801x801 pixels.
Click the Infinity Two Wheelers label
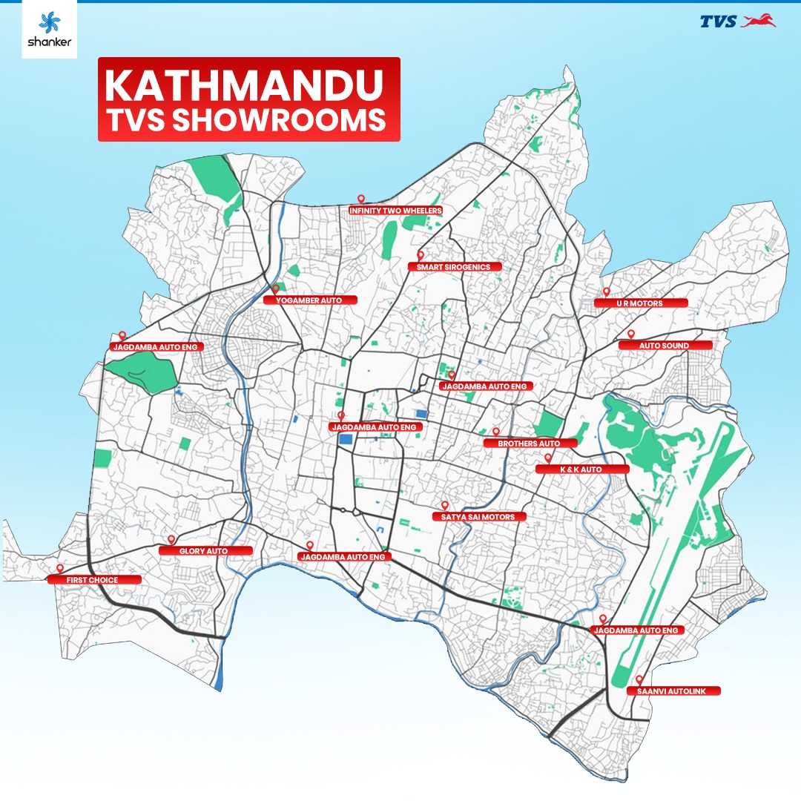pyautogui.click(x=396, y=211)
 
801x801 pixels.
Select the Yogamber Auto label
pyautogui.click(x=311, y=300)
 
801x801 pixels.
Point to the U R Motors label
pyautogui.click(x=640, y=303)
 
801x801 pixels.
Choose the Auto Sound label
pyautogui.click(x=665, y=346)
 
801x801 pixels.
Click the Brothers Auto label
pyautogui.click(x=530, y=444)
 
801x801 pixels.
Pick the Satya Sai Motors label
pyautogui.click(x=479, y=517)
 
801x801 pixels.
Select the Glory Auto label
pyautogui.click(x=205, y=551)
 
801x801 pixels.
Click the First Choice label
pyautogui.click(x=93, y=580)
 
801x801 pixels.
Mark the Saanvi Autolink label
pyautogui.click(x=673, y=691)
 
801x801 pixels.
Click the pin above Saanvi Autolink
pyautogui.click(x=639, y=679)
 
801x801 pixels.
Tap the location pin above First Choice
pyautogui.click(x=59, y=568)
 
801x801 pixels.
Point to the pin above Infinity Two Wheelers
pyautogui.click(x=361, y=199)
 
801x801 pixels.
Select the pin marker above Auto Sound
pyautogui.click(x=631, y=334)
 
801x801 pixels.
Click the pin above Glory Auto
pyautogui.click(x=171, y=539)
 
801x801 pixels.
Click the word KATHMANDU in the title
pyautogui.click(x=248, y=86)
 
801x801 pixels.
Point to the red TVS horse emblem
pyautogui.click(x=758, y=22)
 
